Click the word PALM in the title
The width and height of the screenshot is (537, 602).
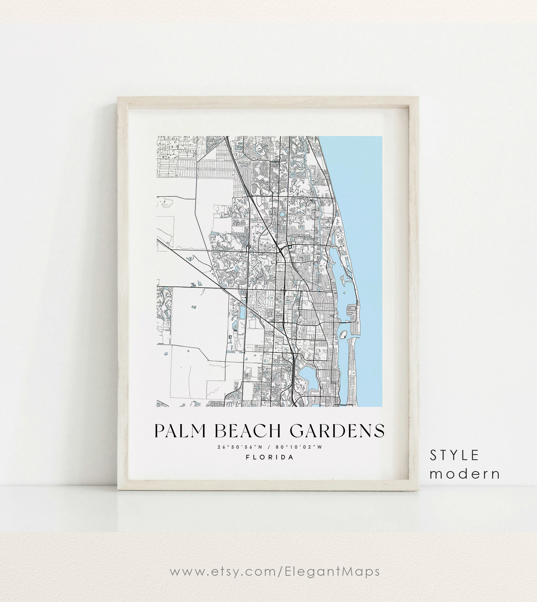(180, 431)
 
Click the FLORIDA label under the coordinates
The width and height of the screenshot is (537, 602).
(270, 457)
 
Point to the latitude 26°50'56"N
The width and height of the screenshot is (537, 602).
(240, 447)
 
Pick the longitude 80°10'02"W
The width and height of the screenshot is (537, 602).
(299, 447)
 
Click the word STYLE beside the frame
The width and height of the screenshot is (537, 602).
(454, 456)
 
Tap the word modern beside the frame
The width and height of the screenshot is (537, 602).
(465, 474)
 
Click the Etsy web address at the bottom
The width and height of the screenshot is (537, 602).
(275, 571)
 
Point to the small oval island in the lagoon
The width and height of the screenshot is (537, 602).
(343, 334)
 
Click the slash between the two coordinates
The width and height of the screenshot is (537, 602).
(269, 447)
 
